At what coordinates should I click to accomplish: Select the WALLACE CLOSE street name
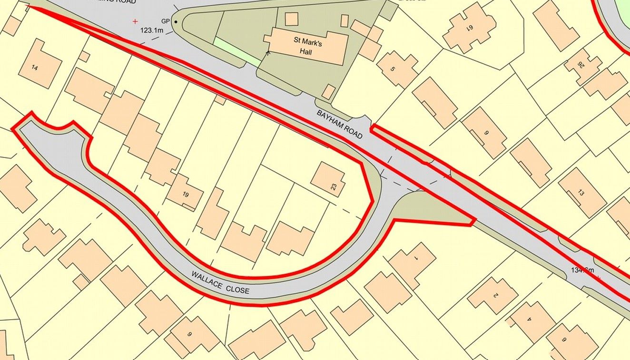click(x=220, y=282)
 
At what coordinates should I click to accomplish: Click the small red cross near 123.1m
click(x=135, y=21)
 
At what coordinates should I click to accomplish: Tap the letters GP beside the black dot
click(x=165, y=21)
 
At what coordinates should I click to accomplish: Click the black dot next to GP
click(x=176, y=22)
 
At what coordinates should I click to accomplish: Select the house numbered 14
click(x=34, y=68)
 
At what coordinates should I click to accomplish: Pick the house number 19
click(x=185, y=194)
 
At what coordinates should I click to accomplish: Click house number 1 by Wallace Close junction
click(x=415, y=258)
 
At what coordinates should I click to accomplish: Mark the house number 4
click(x=529, y=320)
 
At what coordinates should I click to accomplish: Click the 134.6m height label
click(x=582, y=271)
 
